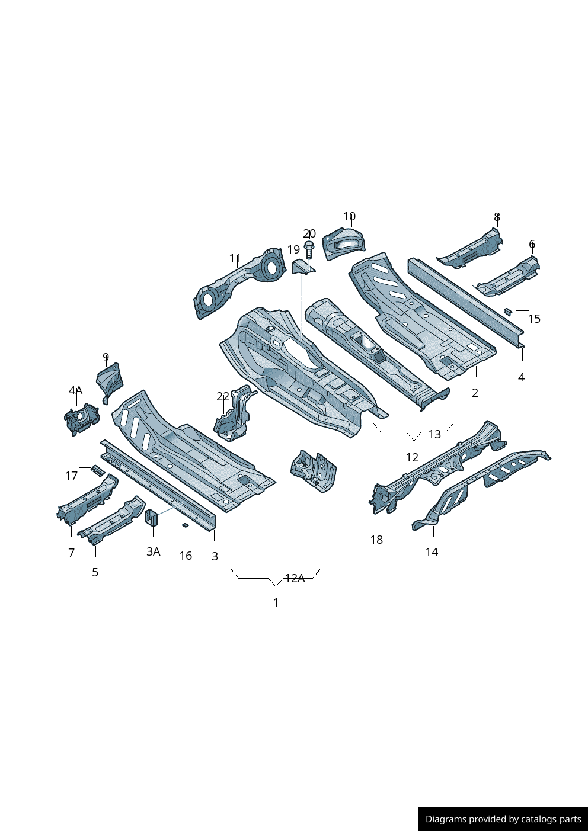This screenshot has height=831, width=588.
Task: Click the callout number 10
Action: pos(349,216)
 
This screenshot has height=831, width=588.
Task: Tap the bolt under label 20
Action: pos(308,250)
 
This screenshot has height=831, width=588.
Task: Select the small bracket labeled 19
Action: pos(303,268)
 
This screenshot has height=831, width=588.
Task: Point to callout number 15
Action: pos(534,319)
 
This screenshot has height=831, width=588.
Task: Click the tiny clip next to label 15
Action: pos(508,311)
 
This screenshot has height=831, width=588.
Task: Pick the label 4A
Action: pos(76,391)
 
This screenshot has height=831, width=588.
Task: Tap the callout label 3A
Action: pos(154,551)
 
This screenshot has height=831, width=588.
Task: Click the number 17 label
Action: pos(71,476)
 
